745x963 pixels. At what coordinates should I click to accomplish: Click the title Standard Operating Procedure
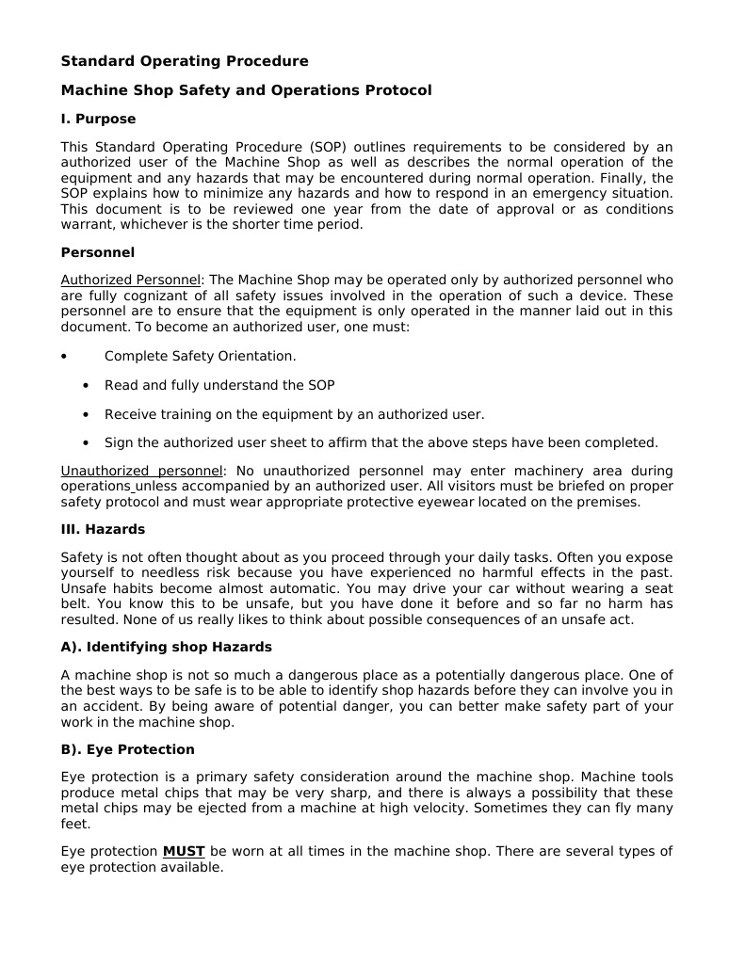[x=185, y=61]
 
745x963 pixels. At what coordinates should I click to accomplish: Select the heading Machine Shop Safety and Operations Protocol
[x=246, y=90]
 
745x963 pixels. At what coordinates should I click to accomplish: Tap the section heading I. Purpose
[x=98, y=119]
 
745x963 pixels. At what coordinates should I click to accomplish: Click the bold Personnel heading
[x=97, y=252]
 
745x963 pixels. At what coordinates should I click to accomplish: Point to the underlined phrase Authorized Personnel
[x=131, y=281]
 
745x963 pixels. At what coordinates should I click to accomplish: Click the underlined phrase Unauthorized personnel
[x=142, y=471]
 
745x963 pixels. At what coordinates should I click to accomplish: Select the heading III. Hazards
[x=103, y=529]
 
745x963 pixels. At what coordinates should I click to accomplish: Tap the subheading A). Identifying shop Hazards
[x=166, y=647]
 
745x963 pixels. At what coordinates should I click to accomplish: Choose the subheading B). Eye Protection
[x=127, y=749]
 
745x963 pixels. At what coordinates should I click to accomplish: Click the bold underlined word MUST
[x=184, y=851]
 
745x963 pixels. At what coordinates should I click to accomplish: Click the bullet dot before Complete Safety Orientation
[x=63, y=357]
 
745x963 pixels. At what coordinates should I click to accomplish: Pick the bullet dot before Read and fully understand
[x=86, y=386]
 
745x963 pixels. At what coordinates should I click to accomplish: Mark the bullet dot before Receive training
[x=86, y=414]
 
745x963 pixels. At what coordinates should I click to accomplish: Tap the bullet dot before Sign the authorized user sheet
[x=86, y=442]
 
